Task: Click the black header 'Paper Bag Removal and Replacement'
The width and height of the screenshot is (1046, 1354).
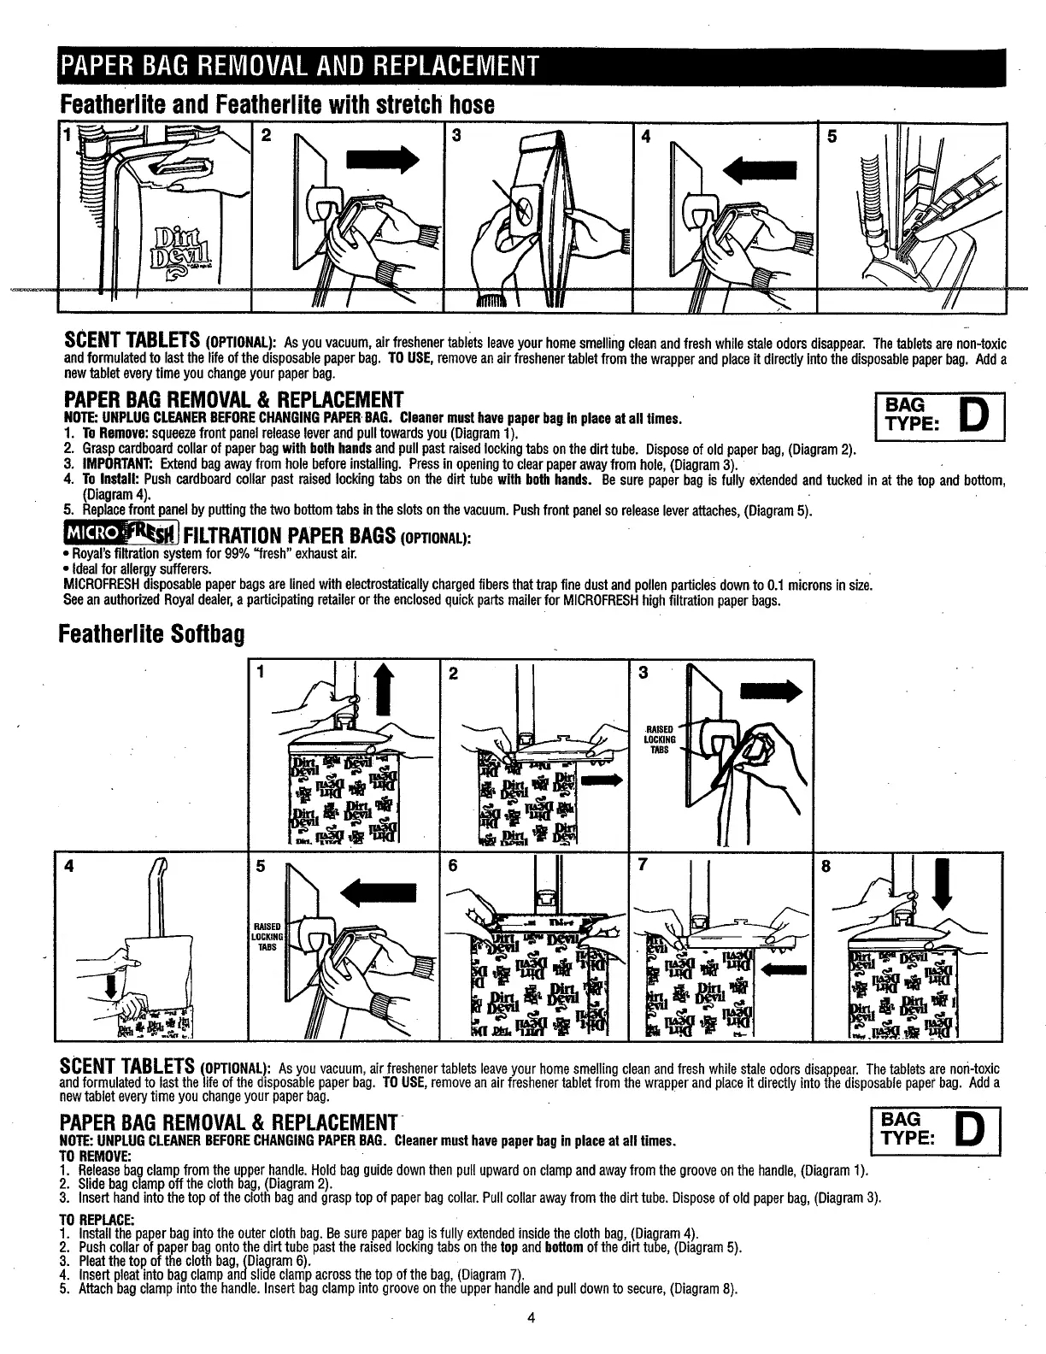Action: pyautogui.click(x=296, y=66)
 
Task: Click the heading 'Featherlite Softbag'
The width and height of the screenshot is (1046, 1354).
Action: pyautogui.click(x=151, y=635)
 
